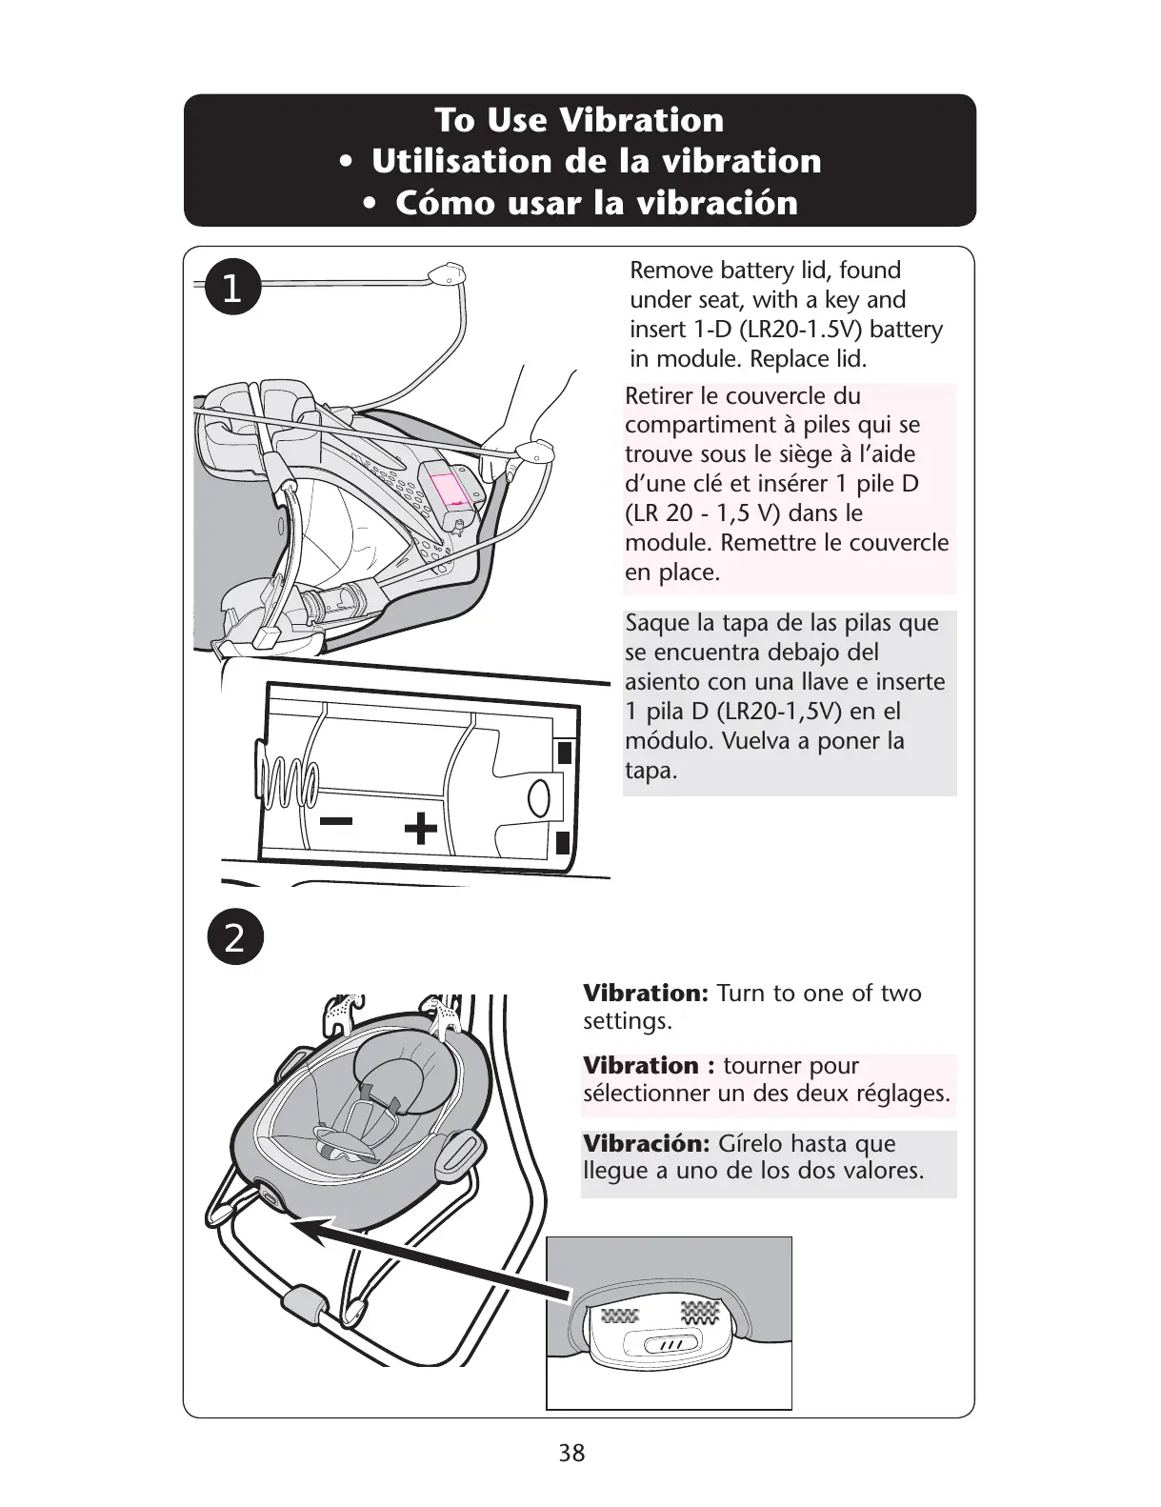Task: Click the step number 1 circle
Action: [231, 290]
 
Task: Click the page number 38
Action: [572, 1453]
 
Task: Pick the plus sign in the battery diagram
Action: [420, 829]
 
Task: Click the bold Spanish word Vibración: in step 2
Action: [646, 1143]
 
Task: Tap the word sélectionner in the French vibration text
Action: [645, 1093]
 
